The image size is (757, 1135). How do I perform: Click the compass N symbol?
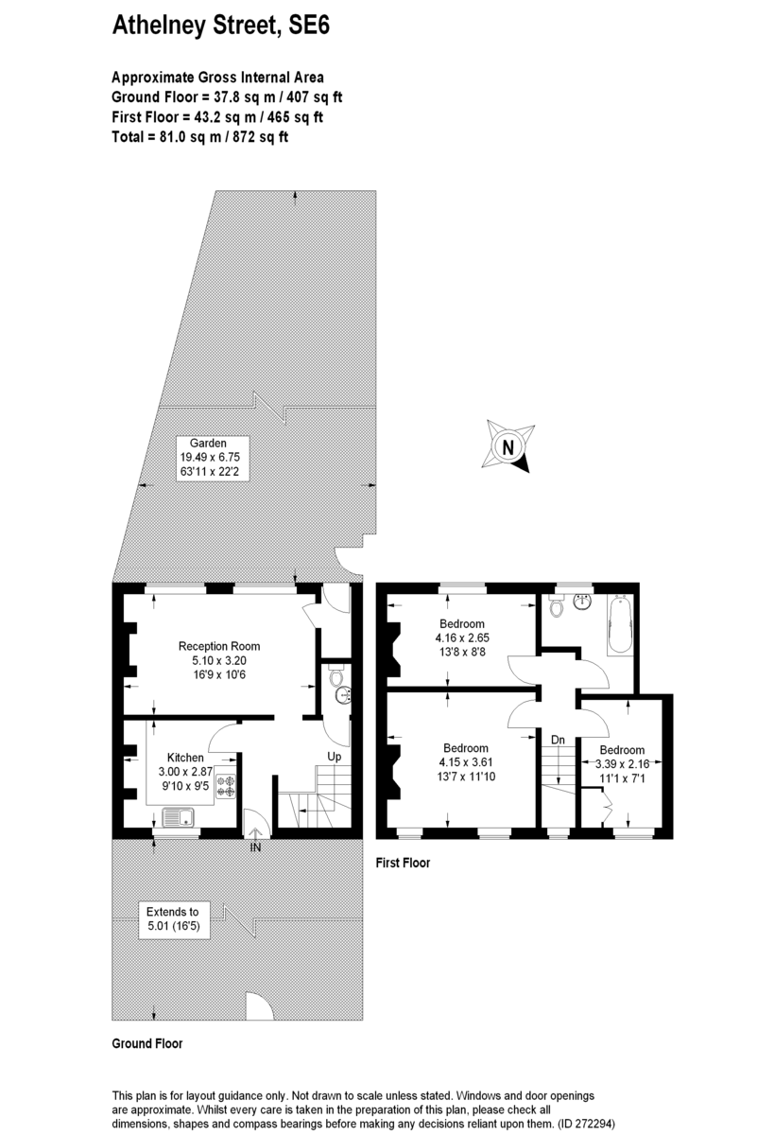pyautogui.click(x=508, y=446)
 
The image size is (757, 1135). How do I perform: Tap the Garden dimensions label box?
pyautogui.click(x=213, y=458)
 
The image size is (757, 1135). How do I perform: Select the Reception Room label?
pyautogui.click(x=219, y=660)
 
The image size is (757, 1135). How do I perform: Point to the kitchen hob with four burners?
pyautogui.click(x=226, y=785)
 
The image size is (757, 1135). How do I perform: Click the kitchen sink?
pyautogui.click(x=178, y=817)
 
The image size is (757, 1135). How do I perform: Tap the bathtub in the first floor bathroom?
pyautogui.click(x=620, y=625)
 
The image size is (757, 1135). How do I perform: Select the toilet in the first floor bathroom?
pyautogui.click(x=557, y=605)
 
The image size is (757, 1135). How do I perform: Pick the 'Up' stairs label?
pyautogui.click(x=335, y=757)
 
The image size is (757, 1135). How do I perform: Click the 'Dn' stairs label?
pyautogui.click(x=558, y=740)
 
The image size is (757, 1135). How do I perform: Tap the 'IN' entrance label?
pyautogui.click(x=255, y=847)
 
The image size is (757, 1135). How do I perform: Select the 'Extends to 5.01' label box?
pyautogui.click(x=173, y=918)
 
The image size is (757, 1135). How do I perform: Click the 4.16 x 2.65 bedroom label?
pyautogui.click(x=462, y=637)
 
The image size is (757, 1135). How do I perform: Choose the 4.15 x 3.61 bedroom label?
pyautogui.click(x=466, y=761)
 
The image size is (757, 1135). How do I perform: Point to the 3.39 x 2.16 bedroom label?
pyautogui.click(x=622, y=763)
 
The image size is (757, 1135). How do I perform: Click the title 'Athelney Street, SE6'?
pyautogui.click(x=221, y=25)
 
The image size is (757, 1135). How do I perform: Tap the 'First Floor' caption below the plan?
pyautogui.click(x=403, y=863)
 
